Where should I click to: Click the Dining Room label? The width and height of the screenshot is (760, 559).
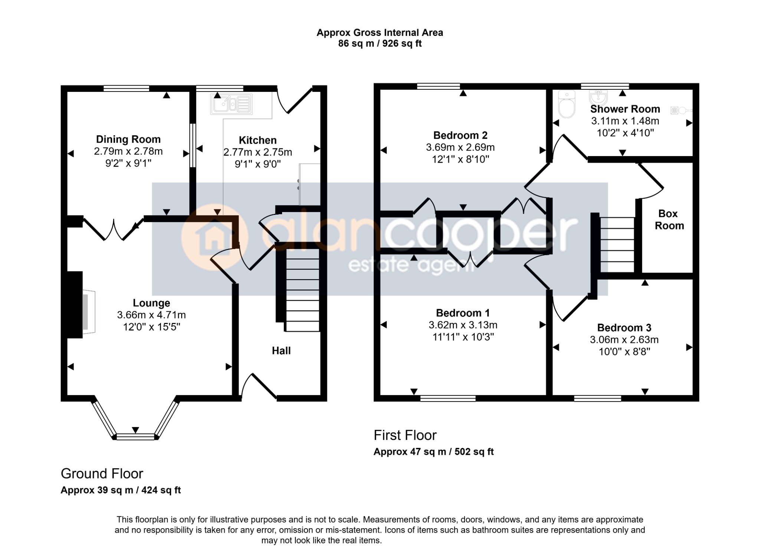click(128, 139)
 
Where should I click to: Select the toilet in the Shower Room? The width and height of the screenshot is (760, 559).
click(567, 104)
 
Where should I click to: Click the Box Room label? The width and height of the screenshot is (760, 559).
click(669, 219)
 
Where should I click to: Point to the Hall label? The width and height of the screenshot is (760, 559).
click(281, 351)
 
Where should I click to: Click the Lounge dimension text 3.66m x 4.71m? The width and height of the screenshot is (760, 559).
click(151, 315)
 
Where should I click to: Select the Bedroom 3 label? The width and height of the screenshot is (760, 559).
click(624, 328)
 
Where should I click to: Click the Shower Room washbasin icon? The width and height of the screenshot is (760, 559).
click(598, 97)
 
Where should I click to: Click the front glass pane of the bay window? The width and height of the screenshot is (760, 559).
click(135, 437)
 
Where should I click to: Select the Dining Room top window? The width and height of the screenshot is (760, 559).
click(126, 88)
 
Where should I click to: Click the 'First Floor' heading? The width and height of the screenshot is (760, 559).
click(405, 435)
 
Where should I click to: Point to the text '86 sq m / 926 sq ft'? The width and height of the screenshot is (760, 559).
click(380, 44)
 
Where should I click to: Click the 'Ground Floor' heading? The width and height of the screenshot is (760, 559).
click(102, 474)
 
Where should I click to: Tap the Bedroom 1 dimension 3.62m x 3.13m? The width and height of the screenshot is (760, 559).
click(463, 325)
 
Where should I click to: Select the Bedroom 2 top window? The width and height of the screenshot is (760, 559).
click(439, 86)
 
